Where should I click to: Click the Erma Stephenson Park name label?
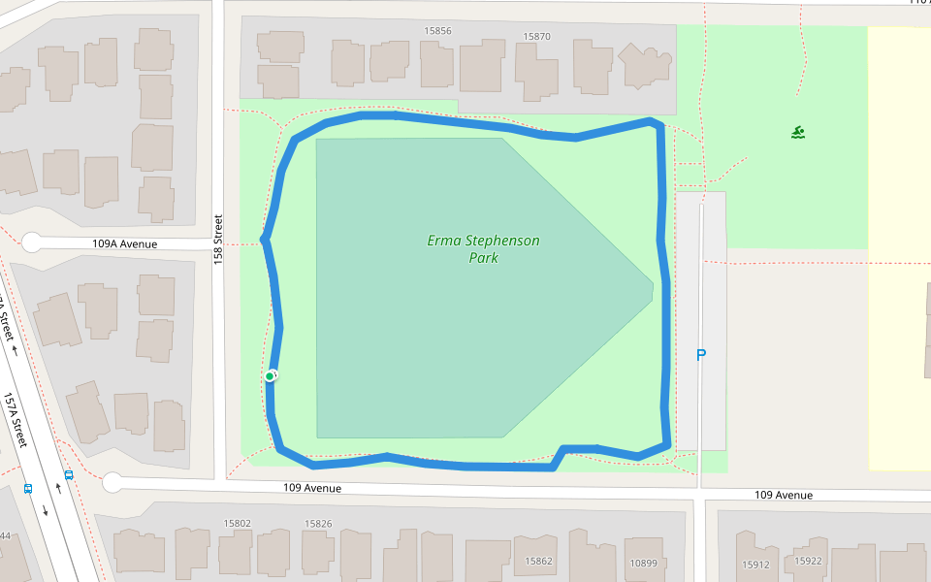(483, 249)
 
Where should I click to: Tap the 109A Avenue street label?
(124, 244)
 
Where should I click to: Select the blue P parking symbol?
(701, 356)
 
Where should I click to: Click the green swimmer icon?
(797, 132)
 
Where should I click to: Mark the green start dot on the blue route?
(270, 376)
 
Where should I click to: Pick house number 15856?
(437, 31)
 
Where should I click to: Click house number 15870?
(536, 37)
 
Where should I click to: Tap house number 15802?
(237, 524)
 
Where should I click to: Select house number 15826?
(318, 524)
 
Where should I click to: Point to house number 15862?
(539, 561)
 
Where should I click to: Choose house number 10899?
(643, 563)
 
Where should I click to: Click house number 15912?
(755, 564)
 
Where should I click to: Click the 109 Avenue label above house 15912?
(784, 496)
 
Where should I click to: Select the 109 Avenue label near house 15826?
(312, 489)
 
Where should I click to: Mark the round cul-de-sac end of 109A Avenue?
(32, 242)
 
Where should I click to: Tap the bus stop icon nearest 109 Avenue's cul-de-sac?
(69, 475)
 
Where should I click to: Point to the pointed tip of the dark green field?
(653, 284)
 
